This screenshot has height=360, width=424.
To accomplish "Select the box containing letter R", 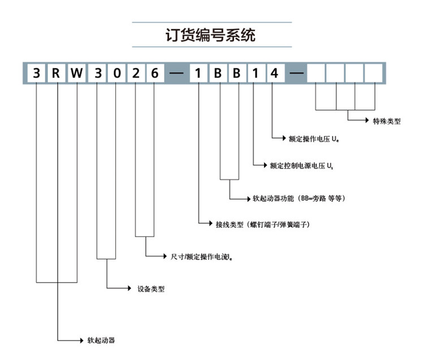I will tap(57, 73).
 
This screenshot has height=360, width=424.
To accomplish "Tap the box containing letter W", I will tap(77, 73).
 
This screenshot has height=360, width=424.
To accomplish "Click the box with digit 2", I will tap(136, 73).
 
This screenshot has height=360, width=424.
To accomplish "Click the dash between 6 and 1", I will tap(176, 74).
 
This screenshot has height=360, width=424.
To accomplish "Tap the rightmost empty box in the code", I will tap(373, 73).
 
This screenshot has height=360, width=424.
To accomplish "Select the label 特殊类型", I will tap(387, 120).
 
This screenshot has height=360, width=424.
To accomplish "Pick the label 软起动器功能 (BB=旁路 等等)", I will tap(298, 198).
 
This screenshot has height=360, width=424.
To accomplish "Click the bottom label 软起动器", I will tap(101, 341).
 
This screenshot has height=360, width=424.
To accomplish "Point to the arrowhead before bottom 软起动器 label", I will tap(81, 341).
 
